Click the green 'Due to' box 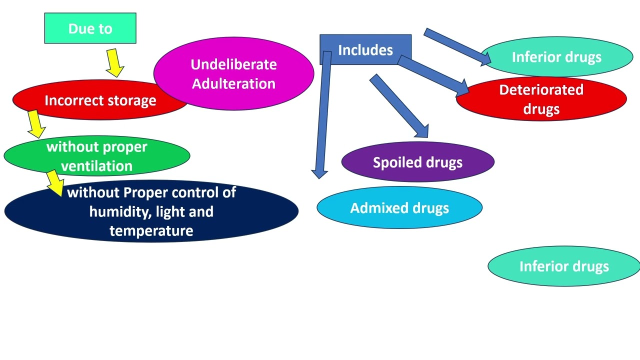(90, 28)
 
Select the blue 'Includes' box (365, 49)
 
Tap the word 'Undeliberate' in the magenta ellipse (233, 64)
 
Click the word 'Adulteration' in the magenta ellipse (233, 83)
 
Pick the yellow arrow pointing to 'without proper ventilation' (35, 124)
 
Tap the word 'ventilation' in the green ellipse (96, 166)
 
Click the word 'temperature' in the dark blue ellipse (151, 230)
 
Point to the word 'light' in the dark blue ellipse (170, 211)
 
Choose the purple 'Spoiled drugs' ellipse (417, 162)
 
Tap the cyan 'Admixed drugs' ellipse (399, 208)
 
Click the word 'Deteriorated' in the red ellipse (541, 90)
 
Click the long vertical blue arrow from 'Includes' (322, 115)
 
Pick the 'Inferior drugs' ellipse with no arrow (564, 266)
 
